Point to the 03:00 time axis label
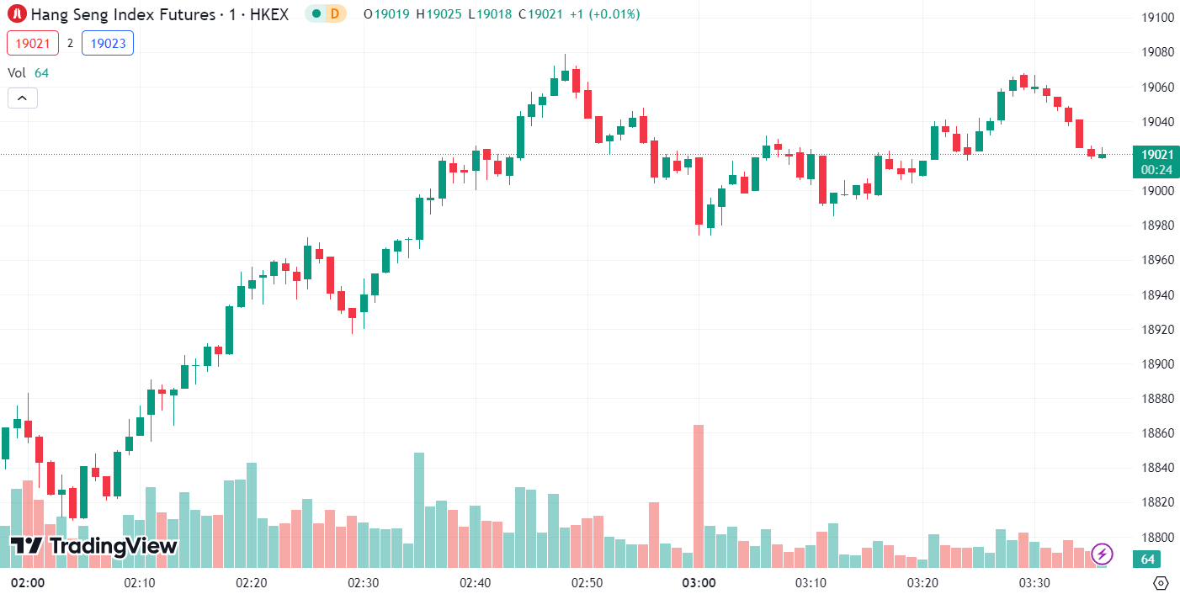pos(699,582)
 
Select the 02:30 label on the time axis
pos(363,582)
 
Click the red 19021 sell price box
pos(33,43)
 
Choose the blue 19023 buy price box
pos(108,43)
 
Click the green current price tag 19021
pos(1156,154)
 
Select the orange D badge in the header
pos(335,13)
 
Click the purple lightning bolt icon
pos(1102,554)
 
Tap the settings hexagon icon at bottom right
pos(1161,582)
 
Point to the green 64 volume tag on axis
pos(1146,560)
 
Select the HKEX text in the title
pos(269,13)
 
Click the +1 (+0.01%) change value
pos(604,13)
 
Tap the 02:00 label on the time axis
pos(27,582)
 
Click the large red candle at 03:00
pos(699,191)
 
